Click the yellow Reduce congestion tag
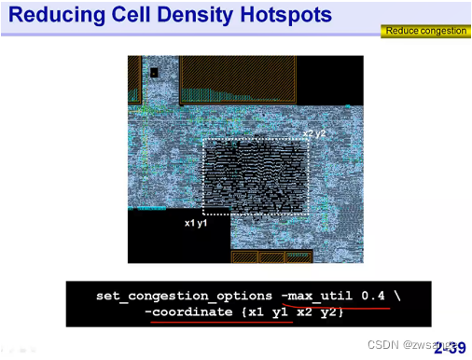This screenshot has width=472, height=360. pos(425,31)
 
